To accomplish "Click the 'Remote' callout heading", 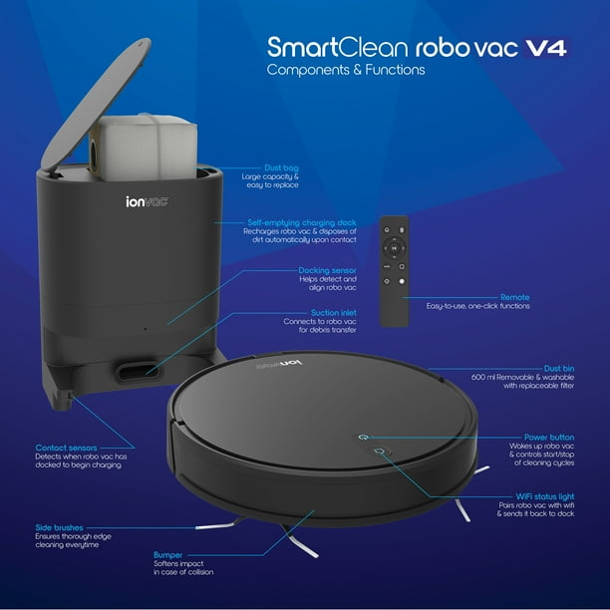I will point(515,297).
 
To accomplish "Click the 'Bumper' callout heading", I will point(167,553).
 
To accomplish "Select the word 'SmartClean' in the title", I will point(320,47).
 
